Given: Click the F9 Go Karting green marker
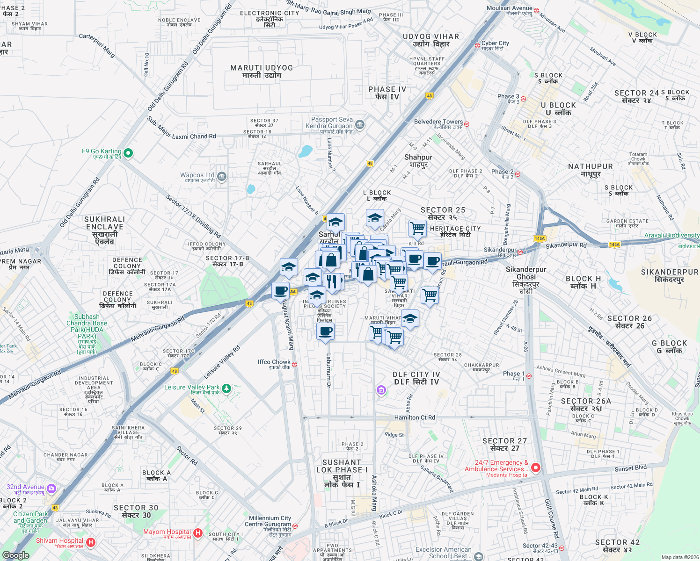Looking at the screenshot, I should (128, 153).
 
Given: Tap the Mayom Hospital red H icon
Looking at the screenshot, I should (197, 533).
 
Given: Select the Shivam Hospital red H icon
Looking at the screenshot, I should (91, 542).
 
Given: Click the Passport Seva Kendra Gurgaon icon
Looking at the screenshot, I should (359, 124).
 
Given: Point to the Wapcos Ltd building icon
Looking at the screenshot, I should (222, 177).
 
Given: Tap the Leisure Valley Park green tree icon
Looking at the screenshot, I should (226, 388).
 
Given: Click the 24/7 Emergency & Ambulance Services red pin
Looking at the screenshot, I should (536, 467).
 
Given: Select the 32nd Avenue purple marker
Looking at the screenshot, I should (51, 489).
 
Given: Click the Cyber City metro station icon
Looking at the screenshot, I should (477, 45).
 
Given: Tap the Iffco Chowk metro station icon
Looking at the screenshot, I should (294, 364).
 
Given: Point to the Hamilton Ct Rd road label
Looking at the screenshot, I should (415, 417).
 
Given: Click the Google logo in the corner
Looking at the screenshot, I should (15, 555).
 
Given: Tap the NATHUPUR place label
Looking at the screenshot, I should (590, 170).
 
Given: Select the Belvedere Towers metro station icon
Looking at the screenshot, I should (467, 124).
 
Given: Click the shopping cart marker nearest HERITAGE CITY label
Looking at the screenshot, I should (417, 228).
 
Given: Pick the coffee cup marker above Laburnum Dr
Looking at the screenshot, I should (325, 331).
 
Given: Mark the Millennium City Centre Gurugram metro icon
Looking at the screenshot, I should (295, 526).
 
